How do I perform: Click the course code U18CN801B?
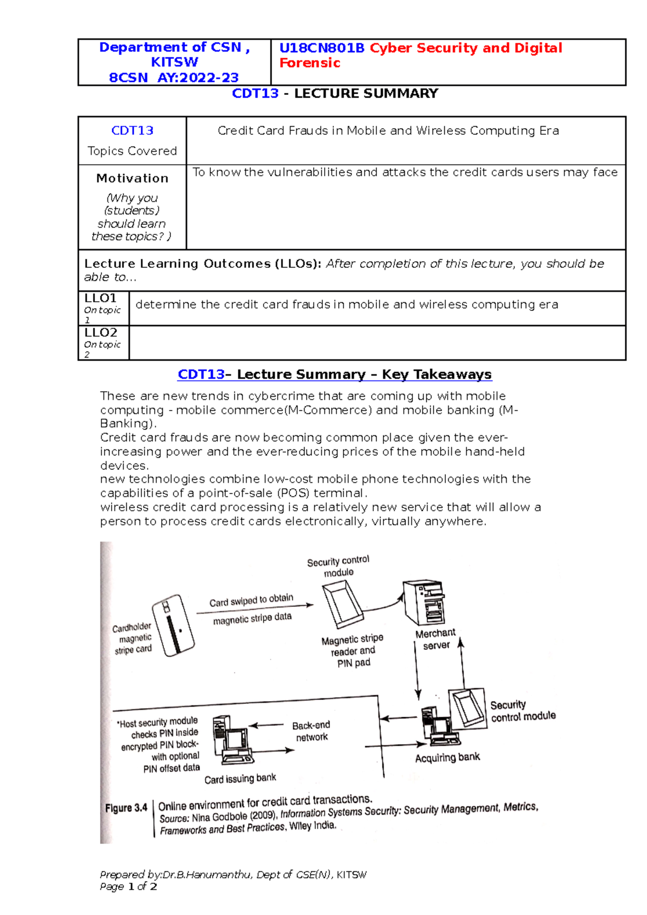322,48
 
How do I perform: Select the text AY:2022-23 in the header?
198,78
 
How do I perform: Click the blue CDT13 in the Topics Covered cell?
132,130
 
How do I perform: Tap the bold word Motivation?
132,178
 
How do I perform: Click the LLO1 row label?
101,299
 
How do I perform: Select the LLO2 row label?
101,333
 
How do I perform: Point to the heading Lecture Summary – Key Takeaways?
364,375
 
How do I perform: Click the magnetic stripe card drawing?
173,625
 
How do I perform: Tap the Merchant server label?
436,639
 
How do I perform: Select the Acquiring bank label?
447,758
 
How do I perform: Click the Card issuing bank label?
240,779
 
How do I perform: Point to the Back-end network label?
311,731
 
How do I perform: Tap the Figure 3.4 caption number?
126,808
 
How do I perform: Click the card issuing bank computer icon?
233,740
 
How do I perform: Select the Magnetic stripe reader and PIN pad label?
353,651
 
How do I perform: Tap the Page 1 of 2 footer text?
128,887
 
